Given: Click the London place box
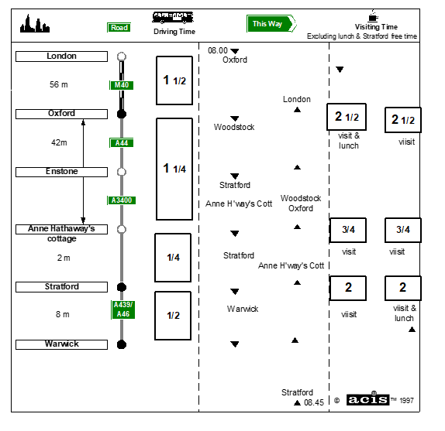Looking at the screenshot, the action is click(61, 56).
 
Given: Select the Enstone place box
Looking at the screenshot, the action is click(61, 172).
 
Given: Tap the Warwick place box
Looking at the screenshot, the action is click(61, 344).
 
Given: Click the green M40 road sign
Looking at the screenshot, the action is click(122, 85).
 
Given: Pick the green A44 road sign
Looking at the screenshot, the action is click(122, 143).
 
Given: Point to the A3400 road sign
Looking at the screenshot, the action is click(122, 200).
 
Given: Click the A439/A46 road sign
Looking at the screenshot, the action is click(123, 310).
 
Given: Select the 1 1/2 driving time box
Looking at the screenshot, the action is click(174, 80).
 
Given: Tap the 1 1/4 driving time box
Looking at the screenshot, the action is click(174, 169).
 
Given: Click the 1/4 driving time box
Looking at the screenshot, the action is click(173, 258).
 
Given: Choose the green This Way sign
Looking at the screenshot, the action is click(271, 23).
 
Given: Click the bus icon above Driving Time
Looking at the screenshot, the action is click(173, 18).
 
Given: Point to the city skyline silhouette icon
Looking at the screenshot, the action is click(35, 23).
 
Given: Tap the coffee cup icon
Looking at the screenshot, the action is click(373, 15).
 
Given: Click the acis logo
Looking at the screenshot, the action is click(367, 399).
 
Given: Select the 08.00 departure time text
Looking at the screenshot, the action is click(218, 50).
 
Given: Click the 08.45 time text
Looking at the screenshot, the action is click(314, 402).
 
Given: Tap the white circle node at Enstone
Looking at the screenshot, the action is click(122, 172).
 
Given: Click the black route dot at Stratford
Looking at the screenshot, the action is click(122, 287).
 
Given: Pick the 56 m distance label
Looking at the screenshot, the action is click(59, 84).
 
